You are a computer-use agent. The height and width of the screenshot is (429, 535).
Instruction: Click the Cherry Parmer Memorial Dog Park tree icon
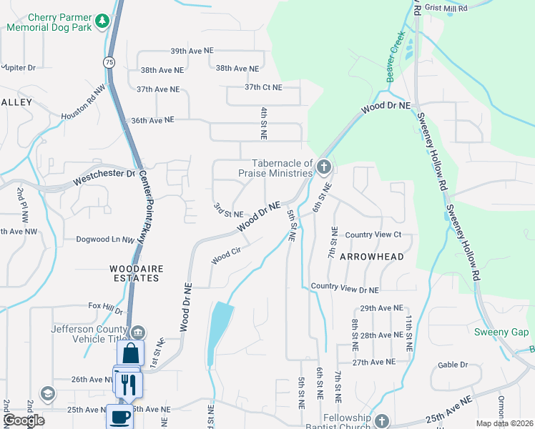tap(102, 20)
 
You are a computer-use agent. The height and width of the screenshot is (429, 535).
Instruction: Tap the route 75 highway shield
tap(109, 62)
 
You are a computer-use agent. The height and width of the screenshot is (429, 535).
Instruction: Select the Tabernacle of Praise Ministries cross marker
tap(323, 168)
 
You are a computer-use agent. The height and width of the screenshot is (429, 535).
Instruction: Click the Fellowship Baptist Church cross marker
tap(381, 420)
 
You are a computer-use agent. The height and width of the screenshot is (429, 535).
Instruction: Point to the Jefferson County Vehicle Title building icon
tap(138, 331)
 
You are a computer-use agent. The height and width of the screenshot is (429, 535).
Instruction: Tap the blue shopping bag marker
tap(131, 353)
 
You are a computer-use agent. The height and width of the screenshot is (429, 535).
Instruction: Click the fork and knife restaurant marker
tap(129, 383)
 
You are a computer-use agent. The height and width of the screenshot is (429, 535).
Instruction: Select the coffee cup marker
tap(119, 416)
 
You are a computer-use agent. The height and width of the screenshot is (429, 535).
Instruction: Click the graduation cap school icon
tap(48, 393)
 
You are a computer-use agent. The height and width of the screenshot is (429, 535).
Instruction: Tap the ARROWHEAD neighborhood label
tap(371, 256)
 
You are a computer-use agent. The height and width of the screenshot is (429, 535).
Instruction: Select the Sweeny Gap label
tap(501, 332)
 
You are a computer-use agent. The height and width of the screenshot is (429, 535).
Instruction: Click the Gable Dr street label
tap(452, 364)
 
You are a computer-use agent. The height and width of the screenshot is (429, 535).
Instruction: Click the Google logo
tap(24, 420)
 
